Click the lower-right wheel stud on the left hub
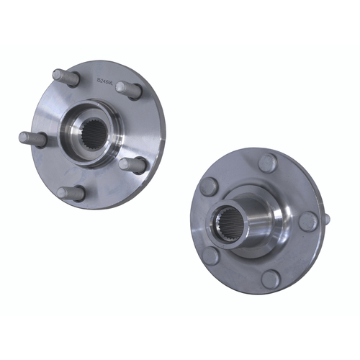click(133, 165)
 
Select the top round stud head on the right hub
click(267, 163)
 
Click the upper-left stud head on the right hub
click(209, 186)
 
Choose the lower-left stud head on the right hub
click(211, 255)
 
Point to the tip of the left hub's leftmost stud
click(22, 137)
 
